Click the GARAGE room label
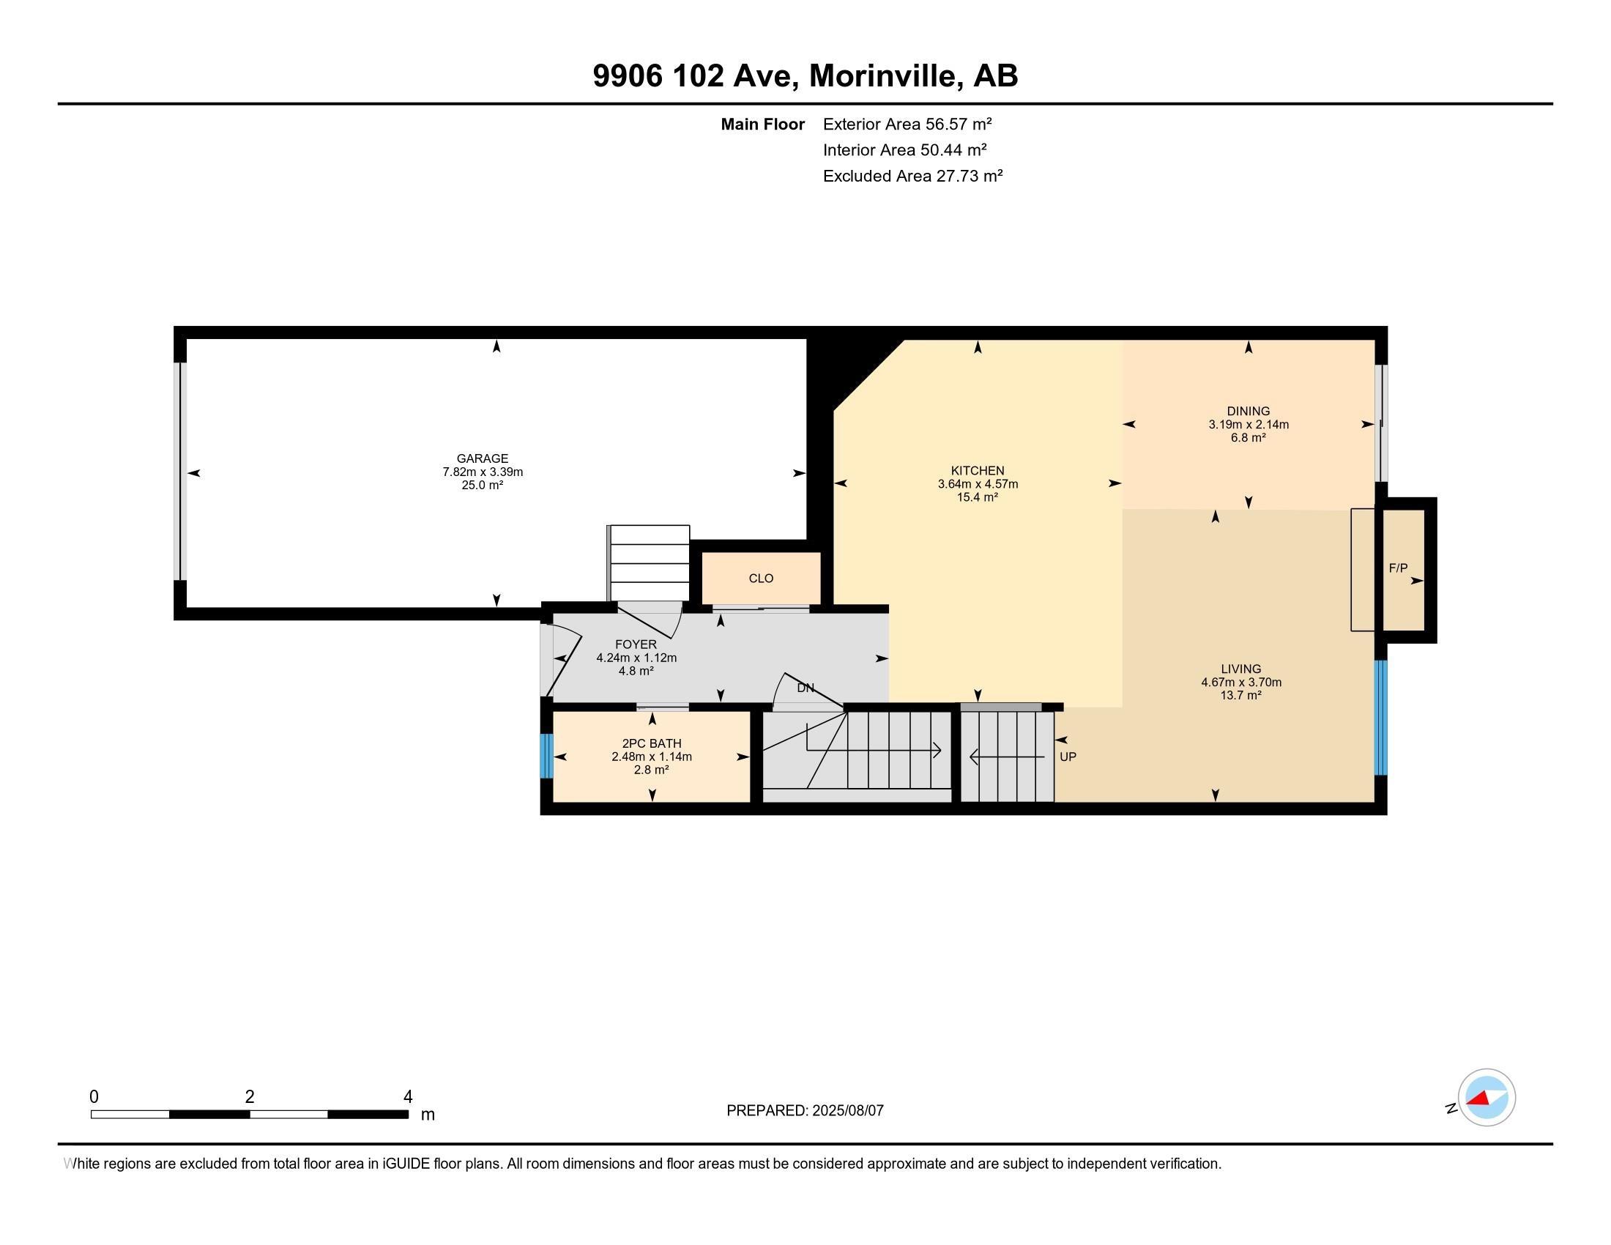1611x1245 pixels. click(x=483, y=458)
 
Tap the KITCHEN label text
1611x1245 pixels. click(x=978, y=471)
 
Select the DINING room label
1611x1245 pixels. click(x=1248, y=412)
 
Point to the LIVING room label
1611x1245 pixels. click(x=1240, y=669)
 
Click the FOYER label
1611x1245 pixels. click(x=636, y=644)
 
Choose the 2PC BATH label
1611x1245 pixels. click(x=651, y=743)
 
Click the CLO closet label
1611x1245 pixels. click(x=762, y=579)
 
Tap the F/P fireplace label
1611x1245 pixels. click(x=1398, y=568)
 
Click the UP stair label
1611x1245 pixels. click(x=1068, y=757)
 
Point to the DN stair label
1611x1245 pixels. click(x=805, y=688)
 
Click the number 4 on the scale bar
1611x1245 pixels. click(x=408, y=1097)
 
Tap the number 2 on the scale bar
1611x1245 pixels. click(x=250, y=1097)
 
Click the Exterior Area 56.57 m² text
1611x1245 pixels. click(x=907, y=124)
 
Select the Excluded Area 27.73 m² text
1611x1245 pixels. click(x=912, y=176)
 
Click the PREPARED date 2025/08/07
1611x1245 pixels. click(x=847, y=1110)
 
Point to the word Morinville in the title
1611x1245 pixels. click(x=885, y=75)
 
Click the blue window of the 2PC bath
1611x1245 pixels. click(x=546, y=756)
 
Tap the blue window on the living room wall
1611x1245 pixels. click(x=1381, y=718)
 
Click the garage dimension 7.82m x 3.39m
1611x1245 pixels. click(x=483, y=472)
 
